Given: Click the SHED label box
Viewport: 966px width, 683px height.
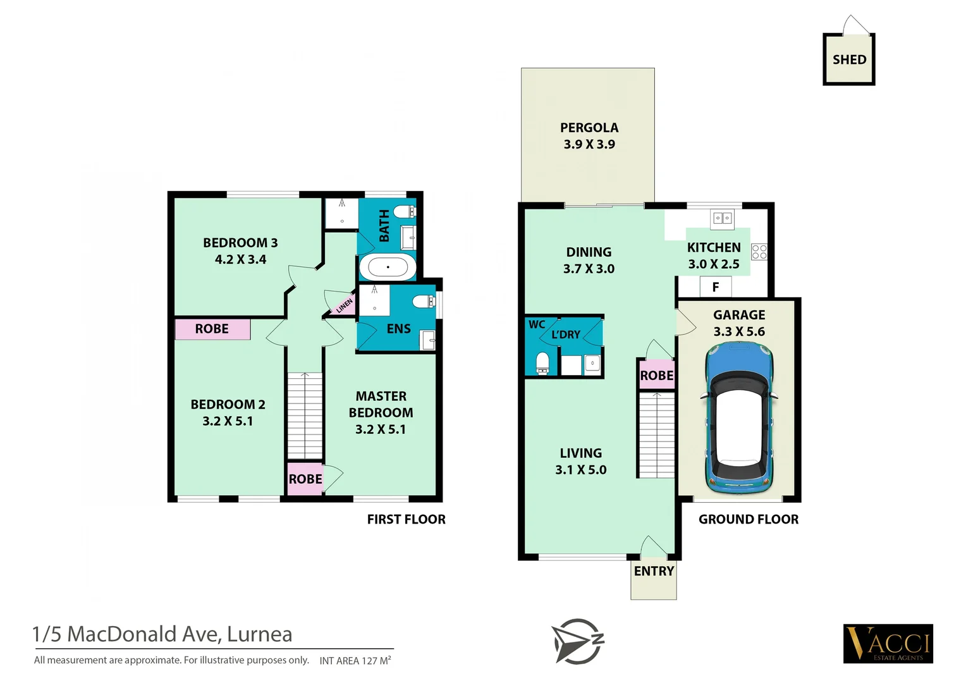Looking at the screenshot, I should point(849,59).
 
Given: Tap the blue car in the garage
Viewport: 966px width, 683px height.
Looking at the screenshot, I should point(739,419).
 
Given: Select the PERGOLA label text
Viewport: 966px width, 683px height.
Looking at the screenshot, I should point(589,128).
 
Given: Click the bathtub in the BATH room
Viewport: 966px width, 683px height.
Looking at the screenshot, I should point(388,268).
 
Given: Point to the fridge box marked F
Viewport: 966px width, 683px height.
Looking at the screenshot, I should point(716,287).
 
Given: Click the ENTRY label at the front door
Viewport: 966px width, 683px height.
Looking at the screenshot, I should point(654,572).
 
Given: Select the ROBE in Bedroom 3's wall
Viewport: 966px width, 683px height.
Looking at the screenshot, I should point(212,329).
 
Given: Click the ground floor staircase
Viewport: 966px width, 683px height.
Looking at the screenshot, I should point(656,435).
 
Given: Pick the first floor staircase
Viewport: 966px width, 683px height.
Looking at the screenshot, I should point(305,415).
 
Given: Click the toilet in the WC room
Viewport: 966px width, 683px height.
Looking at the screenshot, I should point(542,363).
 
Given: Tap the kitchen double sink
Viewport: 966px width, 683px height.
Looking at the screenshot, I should point(722,218).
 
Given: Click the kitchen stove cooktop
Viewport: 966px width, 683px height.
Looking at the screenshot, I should point(759,252).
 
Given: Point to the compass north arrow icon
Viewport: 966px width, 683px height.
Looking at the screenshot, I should point(578,641).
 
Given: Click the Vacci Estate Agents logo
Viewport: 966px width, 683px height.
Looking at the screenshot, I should point(888,644).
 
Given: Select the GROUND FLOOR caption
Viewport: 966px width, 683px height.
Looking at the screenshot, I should point(748,520).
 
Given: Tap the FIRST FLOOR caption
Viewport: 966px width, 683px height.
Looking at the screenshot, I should point(406,520).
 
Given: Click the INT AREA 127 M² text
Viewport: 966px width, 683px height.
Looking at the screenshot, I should point(355,661).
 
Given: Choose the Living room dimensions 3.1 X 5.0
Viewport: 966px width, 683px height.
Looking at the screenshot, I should point(580,470).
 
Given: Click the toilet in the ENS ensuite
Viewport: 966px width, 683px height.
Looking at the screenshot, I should point(422,302).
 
